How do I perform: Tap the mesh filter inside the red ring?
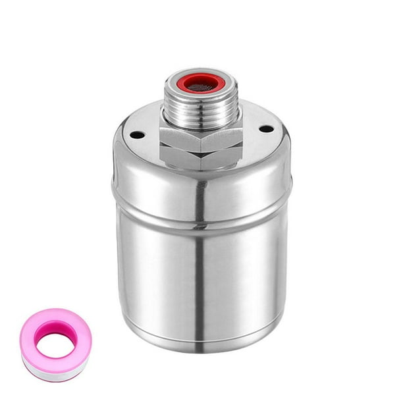201,84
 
